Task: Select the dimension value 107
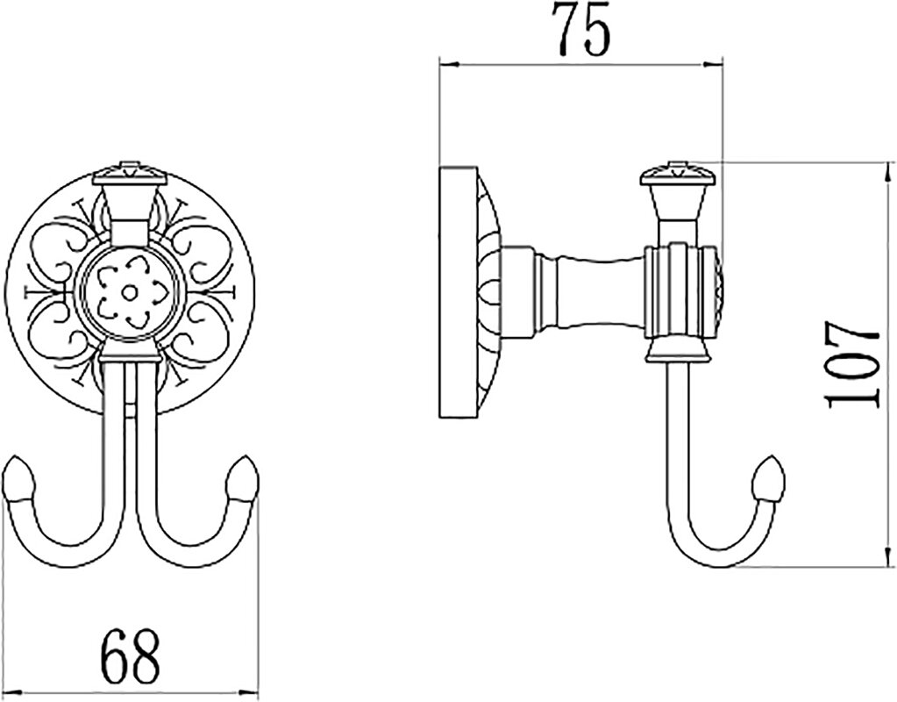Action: pos(853,365)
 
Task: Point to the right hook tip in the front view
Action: pos(242,477)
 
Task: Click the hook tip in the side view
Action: pos(769,477)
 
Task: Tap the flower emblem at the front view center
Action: pos(130,292)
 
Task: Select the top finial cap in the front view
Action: pos(130,173)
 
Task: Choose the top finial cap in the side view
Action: pos(678,173)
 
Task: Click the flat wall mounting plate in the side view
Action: pos(459,292)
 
